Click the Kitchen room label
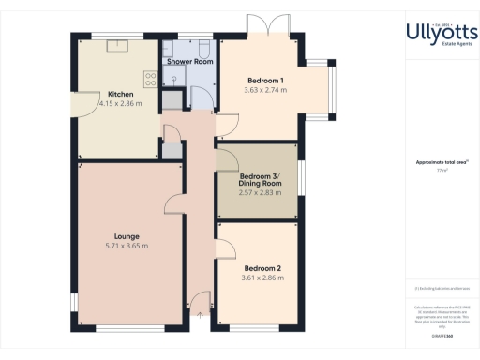(120, 95)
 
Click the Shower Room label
(187, 62)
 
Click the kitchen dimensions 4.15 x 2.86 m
(120, 104)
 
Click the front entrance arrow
(200, 312)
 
